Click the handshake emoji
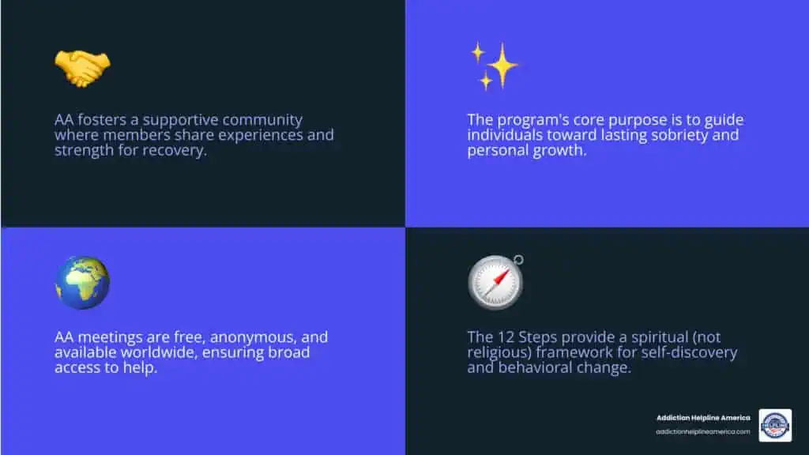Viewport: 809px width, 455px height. click(x=82, y=69)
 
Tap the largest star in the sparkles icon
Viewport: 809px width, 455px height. click(x=502, y=65)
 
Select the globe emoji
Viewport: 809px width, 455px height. click(x=82, y=283)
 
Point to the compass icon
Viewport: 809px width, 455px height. click(x=495, y=283)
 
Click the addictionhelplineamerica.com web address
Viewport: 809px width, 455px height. click(x=702, y=431)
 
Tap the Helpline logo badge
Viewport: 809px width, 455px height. click(x=775, y=426)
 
